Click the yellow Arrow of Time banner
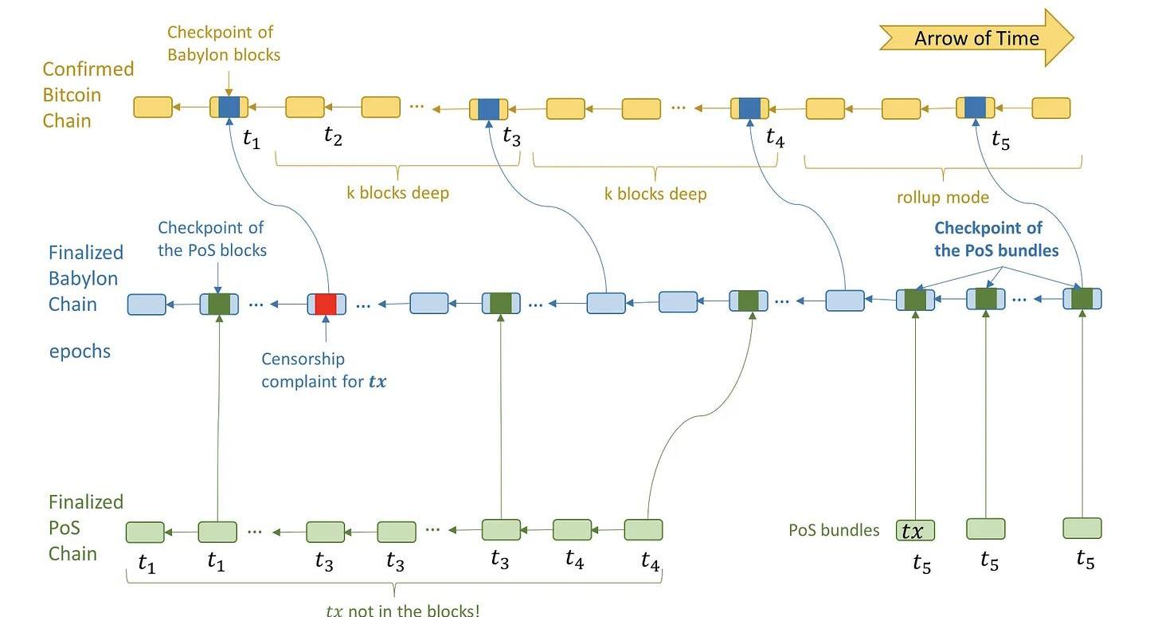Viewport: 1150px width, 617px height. tap(976, 38)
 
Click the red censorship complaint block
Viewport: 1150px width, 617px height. tap(327, 304)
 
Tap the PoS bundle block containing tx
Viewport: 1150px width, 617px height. tap(915, 529)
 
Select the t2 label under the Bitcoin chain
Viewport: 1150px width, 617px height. tap(333, 136)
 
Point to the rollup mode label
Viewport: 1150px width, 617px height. tap(943, 197)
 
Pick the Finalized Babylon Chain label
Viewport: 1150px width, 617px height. tap(85, 278)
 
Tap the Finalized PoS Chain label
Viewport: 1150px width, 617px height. tap(85, 528)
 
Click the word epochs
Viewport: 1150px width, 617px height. tap(80, 351)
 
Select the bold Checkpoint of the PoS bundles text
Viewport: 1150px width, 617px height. tap(995, 239)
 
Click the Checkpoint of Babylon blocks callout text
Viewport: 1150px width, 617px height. tap(223, 44)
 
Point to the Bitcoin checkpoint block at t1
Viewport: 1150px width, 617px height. tap(229, 107)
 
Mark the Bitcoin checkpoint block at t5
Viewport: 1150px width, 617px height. tap(975, 108)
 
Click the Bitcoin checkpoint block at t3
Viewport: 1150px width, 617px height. tap(488, 109)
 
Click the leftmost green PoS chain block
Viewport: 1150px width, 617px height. tap(145, 532)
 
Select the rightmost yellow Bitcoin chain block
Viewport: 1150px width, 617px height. tap(1050, 108)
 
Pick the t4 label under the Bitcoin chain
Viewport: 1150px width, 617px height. tap(775, 137)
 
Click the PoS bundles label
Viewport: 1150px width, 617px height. tap(834, 530)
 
